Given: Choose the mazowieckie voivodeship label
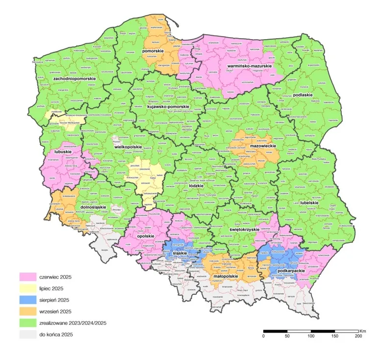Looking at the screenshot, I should tap(257, 146).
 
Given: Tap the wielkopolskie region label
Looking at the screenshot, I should tap(128, 146).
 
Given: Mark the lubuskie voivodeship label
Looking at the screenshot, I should tap(64, 152).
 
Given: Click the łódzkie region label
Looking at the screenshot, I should tap(196, 186).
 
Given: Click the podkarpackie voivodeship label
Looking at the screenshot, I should tap(291, 270).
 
